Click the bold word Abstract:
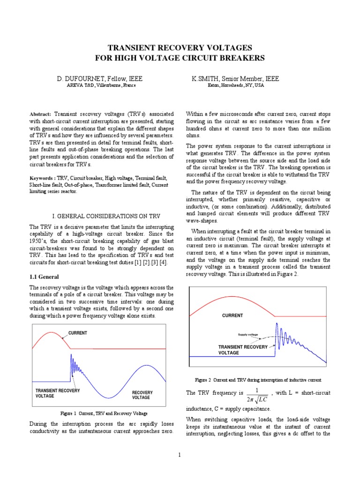point(41,114)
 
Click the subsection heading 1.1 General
point(44,277)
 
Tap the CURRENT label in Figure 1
point(78,333)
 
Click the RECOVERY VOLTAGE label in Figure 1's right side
point(142,395)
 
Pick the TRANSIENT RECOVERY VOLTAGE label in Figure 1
point(58,393)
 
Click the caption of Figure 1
point(104,413)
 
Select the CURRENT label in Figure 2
point(232,315)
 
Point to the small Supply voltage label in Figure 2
point(248,335)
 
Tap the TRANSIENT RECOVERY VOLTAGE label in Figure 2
point(243,350)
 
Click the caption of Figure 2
point(258,379)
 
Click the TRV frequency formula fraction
point(255,395)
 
